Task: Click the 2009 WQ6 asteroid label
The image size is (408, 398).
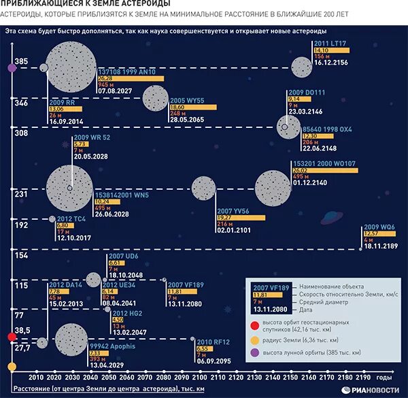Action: (x=379, y=227)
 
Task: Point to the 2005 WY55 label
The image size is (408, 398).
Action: (x=187, y=101)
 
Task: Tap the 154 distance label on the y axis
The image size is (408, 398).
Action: (x=21, y=255)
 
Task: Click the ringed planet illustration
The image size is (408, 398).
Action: (x=333, y=217)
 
